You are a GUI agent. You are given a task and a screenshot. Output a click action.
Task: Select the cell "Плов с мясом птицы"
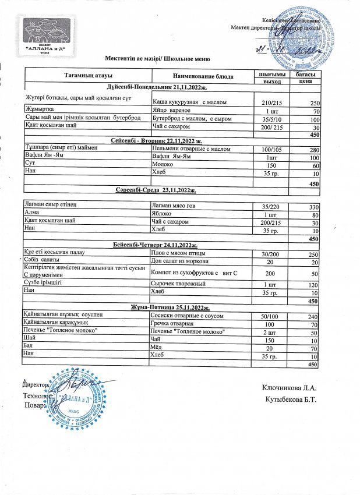click(x=178, y=253)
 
